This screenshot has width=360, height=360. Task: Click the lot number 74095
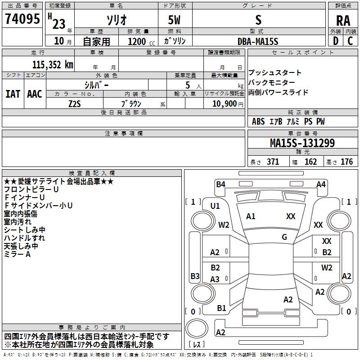tap(22, 18)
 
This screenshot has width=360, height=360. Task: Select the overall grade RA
tap(343, 21)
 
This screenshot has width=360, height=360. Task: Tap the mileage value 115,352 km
tap(53, 65)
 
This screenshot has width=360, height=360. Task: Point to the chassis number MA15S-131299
tap(302, 143)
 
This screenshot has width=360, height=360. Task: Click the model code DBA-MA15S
tap(258, 41)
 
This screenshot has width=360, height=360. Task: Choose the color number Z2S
tap(75, 104)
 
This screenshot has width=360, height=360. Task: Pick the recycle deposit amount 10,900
tap(225, 104)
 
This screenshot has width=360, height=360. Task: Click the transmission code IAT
tap(13, 94)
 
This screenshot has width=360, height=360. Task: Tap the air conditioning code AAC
tap(35, 94)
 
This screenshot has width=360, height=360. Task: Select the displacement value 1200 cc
tap(141, 41)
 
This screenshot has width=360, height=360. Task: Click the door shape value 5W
tap(174, 20)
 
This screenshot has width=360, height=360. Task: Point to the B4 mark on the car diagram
tap(220, 184)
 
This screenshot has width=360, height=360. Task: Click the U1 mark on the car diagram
tap(215, 206)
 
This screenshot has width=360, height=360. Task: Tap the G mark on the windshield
tap(284, 237)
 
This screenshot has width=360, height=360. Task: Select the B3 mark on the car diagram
tap(195, 276)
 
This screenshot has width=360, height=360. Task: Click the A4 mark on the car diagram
tap(321, 184)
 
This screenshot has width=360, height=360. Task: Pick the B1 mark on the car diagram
tap(221, 308)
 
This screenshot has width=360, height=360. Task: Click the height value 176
tap(346, 162)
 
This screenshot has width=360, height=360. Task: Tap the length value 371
tap(273, 162)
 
